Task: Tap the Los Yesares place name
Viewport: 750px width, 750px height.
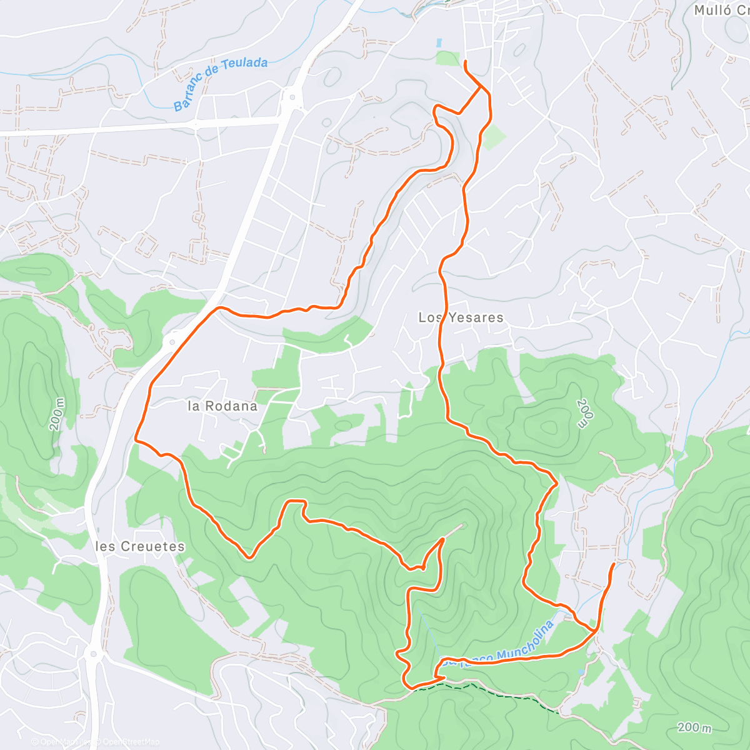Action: (461, 317)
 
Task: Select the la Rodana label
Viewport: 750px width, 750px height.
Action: (222, 406)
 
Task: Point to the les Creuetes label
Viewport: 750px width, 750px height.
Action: (141, 546)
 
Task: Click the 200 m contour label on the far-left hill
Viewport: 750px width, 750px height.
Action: (57, 414)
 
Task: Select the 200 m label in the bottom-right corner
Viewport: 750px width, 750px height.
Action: (694, 727)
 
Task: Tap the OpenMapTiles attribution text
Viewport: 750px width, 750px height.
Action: (62, 742)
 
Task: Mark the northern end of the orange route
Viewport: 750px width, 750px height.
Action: (466, 61)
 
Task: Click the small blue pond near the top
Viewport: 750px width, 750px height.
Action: (439, 43)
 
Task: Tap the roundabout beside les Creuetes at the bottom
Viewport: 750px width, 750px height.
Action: (94, 655)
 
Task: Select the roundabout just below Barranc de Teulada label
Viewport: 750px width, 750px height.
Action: (291, 97)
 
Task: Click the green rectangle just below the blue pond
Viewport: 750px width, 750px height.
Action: (447, 59)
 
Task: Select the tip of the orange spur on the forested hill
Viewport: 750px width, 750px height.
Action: (443, 538)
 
